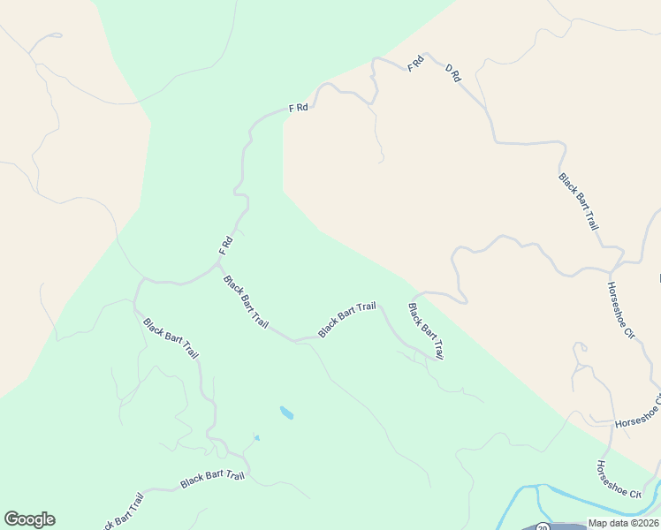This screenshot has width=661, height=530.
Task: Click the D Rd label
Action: (453, 73)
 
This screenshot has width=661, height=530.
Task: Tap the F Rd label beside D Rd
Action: (415, 64)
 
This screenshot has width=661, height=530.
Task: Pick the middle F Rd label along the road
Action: (298, 108)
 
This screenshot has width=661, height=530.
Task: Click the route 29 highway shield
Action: (543, 526)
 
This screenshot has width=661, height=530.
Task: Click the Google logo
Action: (29, 519)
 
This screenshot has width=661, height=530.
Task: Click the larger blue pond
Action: (286, 413)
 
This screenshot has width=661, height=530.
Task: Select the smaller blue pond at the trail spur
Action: (256, 437)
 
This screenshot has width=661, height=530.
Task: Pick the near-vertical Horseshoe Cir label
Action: (621, 308)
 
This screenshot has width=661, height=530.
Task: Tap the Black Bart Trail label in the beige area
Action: (579, 201)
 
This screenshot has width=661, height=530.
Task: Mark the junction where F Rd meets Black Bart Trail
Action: (219, 261)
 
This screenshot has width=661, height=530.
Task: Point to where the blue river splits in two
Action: (539, 487)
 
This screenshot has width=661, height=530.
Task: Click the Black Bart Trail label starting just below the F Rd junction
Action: (246, 301)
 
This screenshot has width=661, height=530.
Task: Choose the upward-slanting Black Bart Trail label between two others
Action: (346, 319)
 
